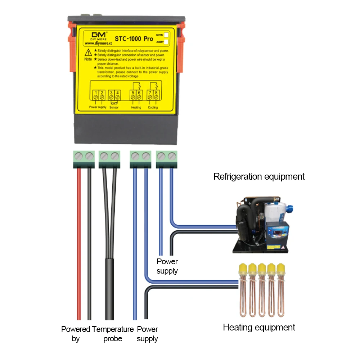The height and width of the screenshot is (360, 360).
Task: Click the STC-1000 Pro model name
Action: [x=134, y=38]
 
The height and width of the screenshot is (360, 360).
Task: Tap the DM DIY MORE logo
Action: [x=94, y=36]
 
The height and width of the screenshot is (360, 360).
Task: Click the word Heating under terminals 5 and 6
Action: [x=136, y=107]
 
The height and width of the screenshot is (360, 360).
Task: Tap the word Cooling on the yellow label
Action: [x=153, y=107]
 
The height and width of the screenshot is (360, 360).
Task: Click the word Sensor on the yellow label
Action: [x=114, y=107]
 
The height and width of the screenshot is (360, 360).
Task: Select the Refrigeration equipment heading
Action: [x=259, y=177]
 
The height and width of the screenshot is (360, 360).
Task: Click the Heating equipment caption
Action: [x=259, y=327]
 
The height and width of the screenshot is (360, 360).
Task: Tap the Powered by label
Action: [x=76, y=334]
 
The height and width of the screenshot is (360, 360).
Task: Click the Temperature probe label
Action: [x=113, y=334]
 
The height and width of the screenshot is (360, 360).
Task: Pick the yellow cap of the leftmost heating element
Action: [x=243, y=268]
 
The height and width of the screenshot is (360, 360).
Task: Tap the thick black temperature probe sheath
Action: [x=109, y=288]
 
